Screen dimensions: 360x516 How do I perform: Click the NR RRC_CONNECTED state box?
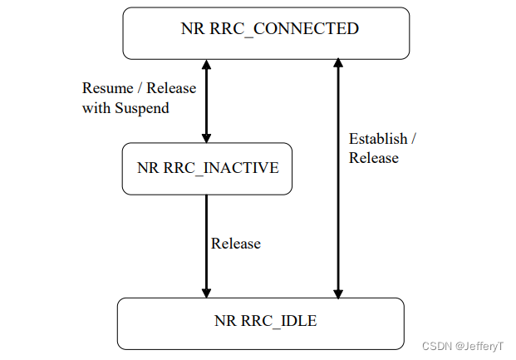(x=266, y=33)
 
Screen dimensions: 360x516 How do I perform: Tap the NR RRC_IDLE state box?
(x=260, y=323)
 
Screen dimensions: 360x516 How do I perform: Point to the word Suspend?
(x=141, y=108)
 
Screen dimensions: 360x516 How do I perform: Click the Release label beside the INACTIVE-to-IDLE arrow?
(x=236, y=244)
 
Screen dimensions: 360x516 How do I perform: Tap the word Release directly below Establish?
(x=373, y=158)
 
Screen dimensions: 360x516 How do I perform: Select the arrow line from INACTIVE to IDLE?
(x=207, y=245)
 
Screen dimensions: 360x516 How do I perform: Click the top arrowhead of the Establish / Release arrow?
(x=337, y=65)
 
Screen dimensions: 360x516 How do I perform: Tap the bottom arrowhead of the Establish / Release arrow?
(x=337, y=292)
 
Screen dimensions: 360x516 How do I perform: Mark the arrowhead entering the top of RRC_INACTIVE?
(x=207, y=137)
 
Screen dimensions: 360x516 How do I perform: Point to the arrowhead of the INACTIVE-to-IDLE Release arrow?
(x=207, y=292)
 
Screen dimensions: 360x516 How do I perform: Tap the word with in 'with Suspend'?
(x=96, y=108)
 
